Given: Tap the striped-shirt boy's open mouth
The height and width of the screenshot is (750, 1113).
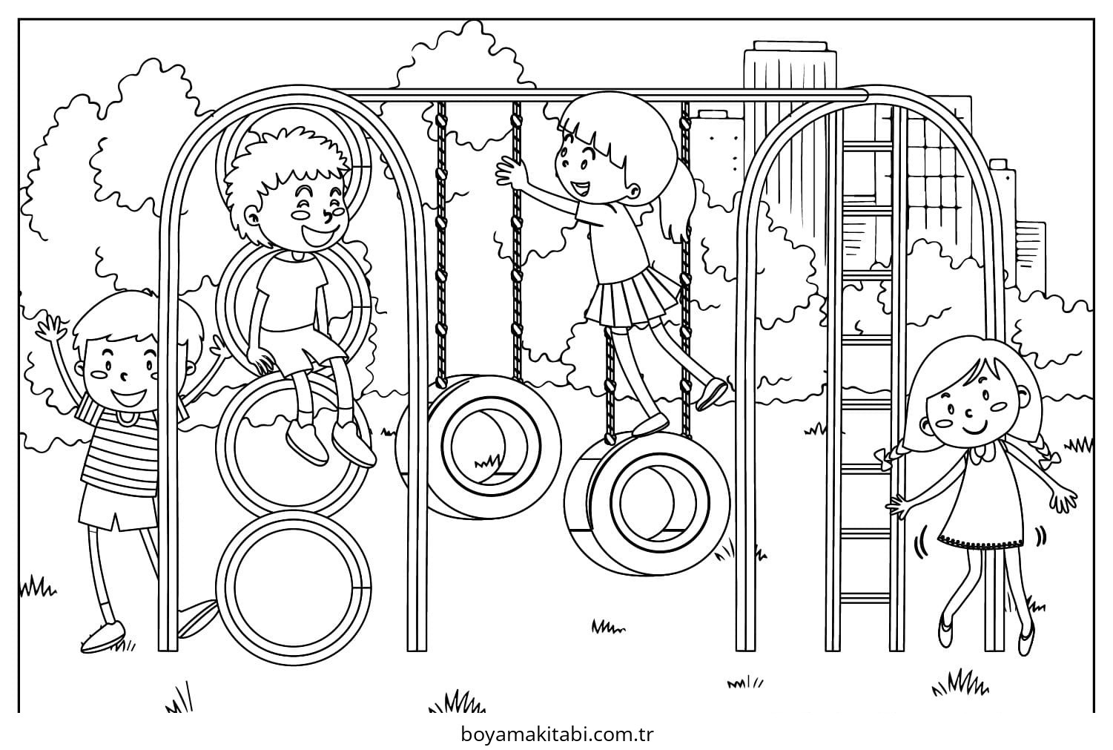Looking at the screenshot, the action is pyautogui.click(x=128, y=397).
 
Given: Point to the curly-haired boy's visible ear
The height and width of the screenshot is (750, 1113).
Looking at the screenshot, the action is pyautogui.click(x=252, y=217).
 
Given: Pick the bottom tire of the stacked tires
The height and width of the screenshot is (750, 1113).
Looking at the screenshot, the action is pyautogui.click(x=294, y=587).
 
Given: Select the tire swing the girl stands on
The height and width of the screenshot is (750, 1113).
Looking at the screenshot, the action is pyautogui.click(x=646, y=504).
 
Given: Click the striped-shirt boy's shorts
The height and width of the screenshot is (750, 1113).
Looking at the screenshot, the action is pyautogui.click(x=118, y=507).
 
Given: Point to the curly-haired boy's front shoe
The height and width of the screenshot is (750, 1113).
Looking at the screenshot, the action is pyautogui.click(x=353, y=444).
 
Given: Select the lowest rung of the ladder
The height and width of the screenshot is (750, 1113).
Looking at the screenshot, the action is pyautogui.click(x=865, y=597).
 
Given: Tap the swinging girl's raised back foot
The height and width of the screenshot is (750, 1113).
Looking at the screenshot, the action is pyautogui.click(x=711, y=394).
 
